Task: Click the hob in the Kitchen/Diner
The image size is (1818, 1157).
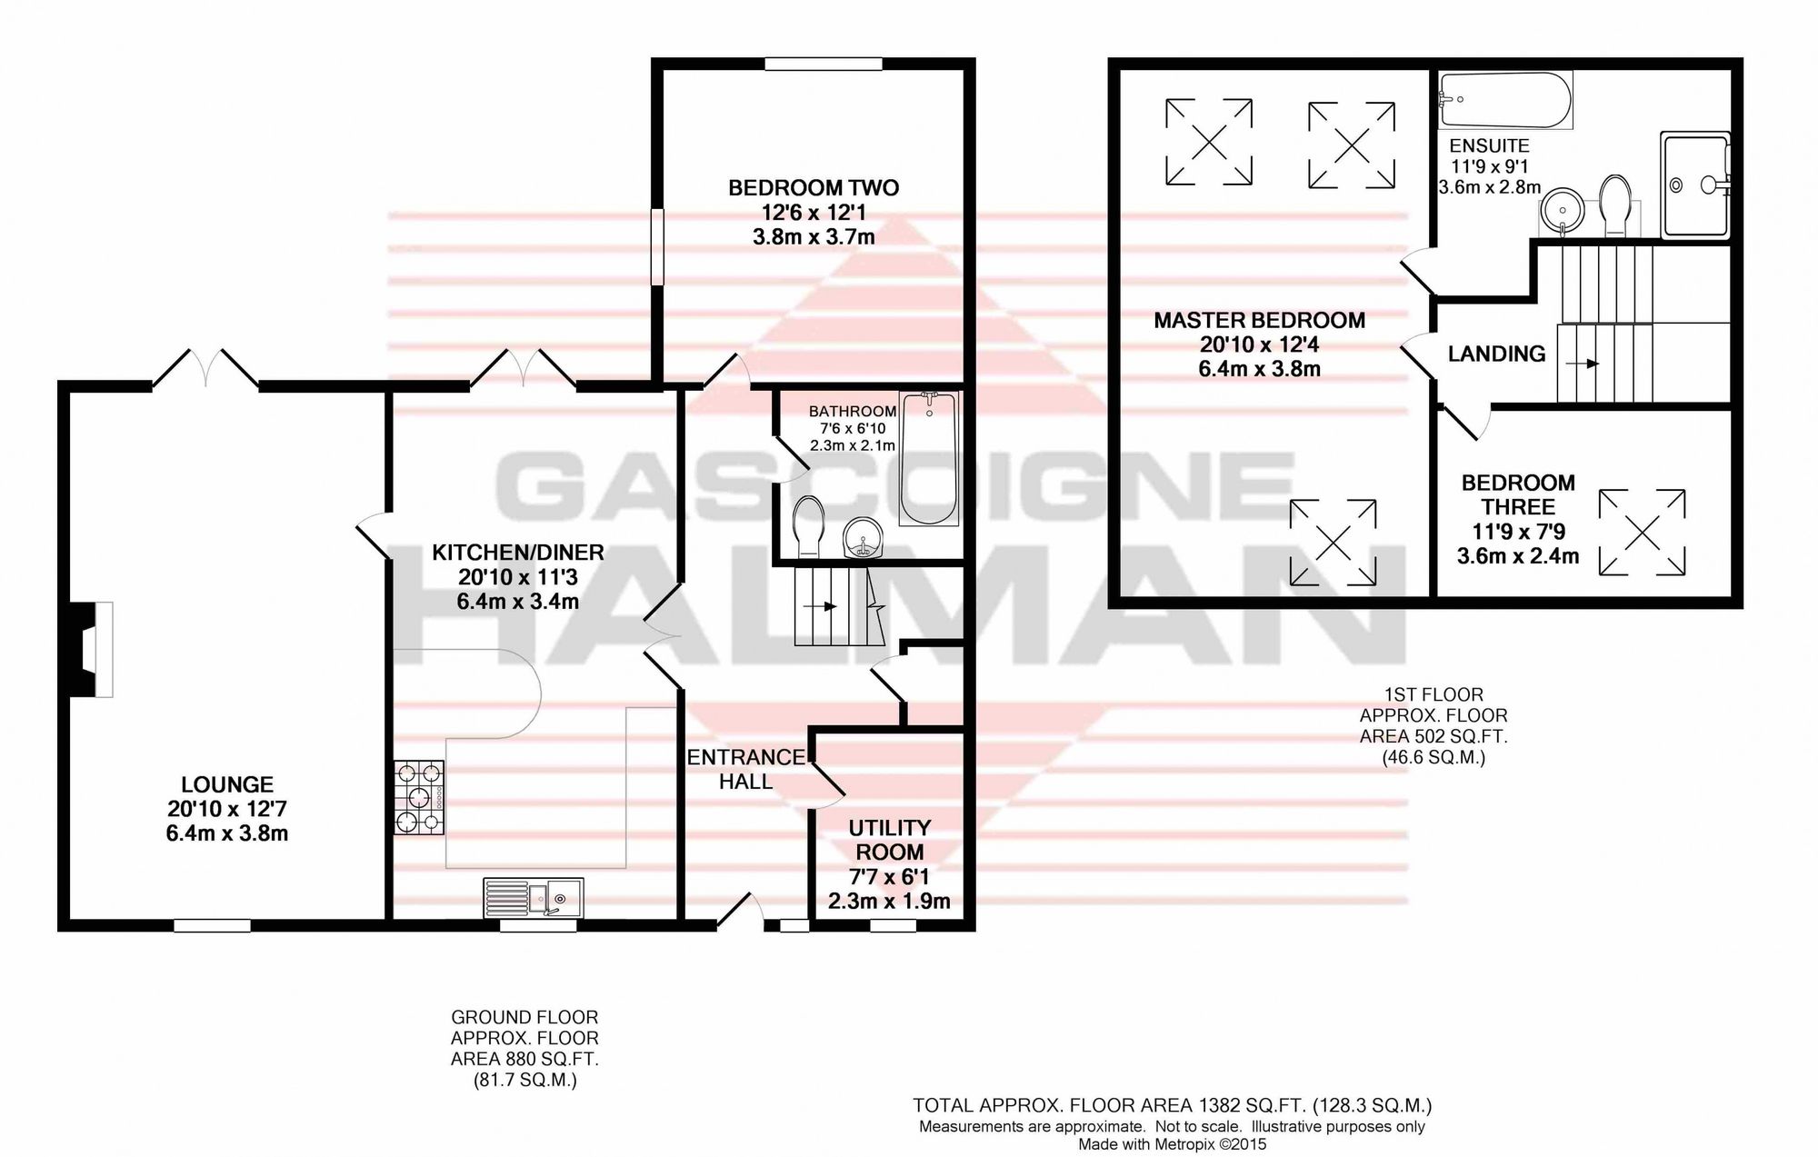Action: click(x=419, y=798)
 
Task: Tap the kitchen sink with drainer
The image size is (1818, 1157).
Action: click(x=534, y=896)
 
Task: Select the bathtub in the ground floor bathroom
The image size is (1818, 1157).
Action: click(x=929, y=459)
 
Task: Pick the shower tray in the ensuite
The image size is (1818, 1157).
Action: click(x=1695, y=185)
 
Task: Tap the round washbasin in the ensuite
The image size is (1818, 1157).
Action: click(x=1563, y=211)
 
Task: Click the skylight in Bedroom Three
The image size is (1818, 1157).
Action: click(x=1642, y=533)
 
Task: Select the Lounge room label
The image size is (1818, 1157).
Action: click(x=227, y=784)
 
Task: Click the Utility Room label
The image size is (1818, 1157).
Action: click(x=889, y=840)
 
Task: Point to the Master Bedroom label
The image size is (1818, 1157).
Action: click(x=1259, y=320)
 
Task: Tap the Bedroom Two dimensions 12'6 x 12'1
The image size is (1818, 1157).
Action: click(x=814, y=213)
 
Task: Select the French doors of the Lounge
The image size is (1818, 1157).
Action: click(x=205, y=370)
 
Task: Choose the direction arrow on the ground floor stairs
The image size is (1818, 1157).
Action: click(x=824, y=606)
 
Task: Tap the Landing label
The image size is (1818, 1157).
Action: click(x=1496, y=354)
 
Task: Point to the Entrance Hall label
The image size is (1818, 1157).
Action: click(x=746, y=769)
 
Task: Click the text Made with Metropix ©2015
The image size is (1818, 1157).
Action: click(x=1173, y=1144)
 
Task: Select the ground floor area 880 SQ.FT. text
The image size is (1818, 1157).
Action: click(x=525, y=1059)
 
